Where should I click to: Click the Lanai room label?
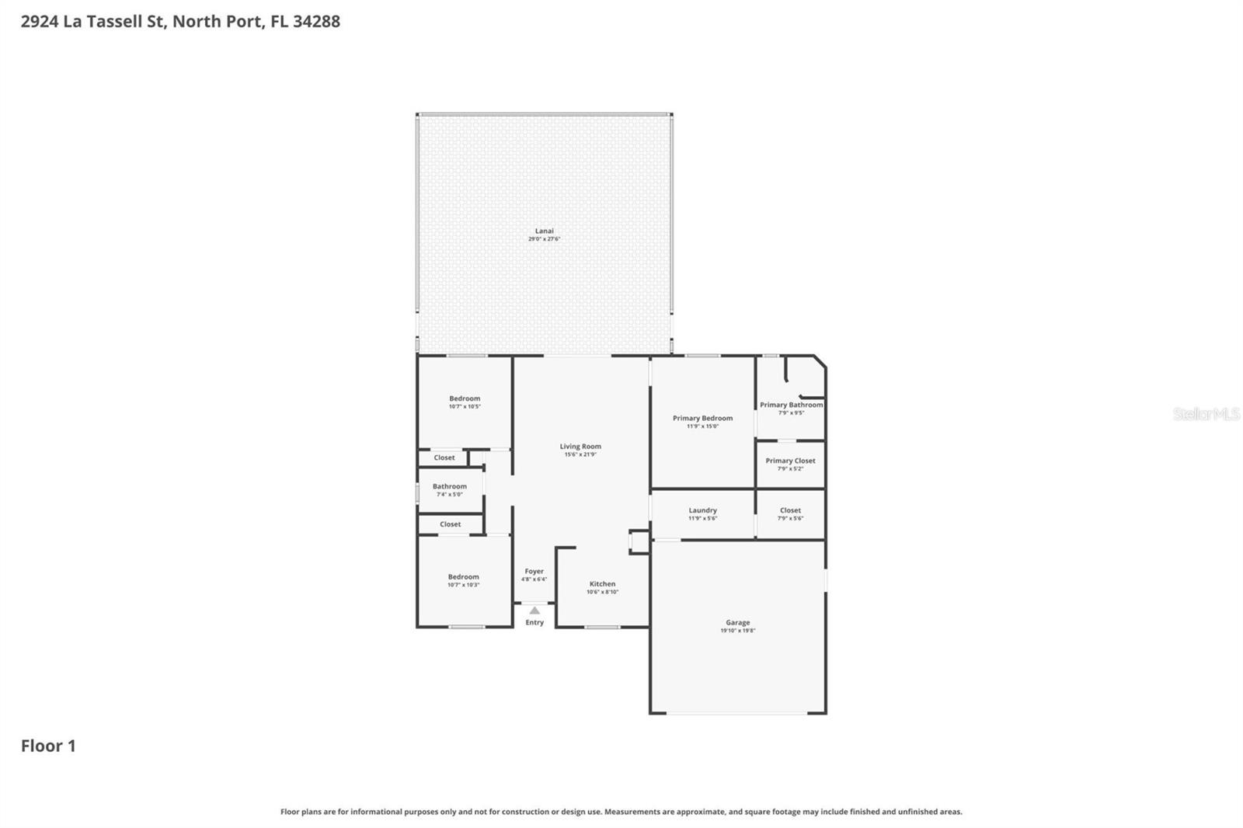[x=544, y=231]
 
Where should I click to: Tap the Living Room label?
[x=580, y=447]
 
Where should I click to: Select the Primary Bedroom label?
[x=702, y=418]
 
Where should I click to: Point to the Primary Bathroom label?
[x=791, y=405]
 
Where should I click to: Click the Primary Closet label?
[x=790, y=461]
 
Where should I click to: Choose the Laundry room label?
[x=702, y=510]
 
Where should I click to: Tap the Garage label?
[x=737, y=622]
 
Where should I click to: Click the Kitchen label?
[x=602, y=584]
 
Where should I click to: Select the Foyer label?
[x=534, y=571]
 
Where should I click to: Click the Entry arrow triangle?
[x=534, y=611]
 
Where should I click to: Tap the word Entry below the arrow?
[x=534, y=622]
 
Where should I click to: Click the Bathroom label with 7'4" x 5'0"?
[x=450, y=486]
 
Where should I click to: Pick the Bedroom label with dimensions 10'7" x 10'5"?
[x=465, y=398]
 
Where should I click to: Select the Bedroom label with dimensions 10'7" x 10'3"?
[x=463, y=576]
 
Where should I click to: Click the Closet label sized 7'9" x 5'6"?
[x=790, y=510]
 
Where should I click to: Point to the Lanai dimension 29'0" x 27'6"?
[x=544, y=239]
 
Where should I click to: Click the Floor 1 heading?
[x=48, y=746]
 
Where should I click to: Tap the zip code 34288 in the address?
[x=316, y=22]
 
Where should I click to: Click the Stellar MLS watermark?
[x=1206, y=414]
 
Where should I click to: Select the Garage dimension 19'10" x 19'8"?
[x=737, y=631]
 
